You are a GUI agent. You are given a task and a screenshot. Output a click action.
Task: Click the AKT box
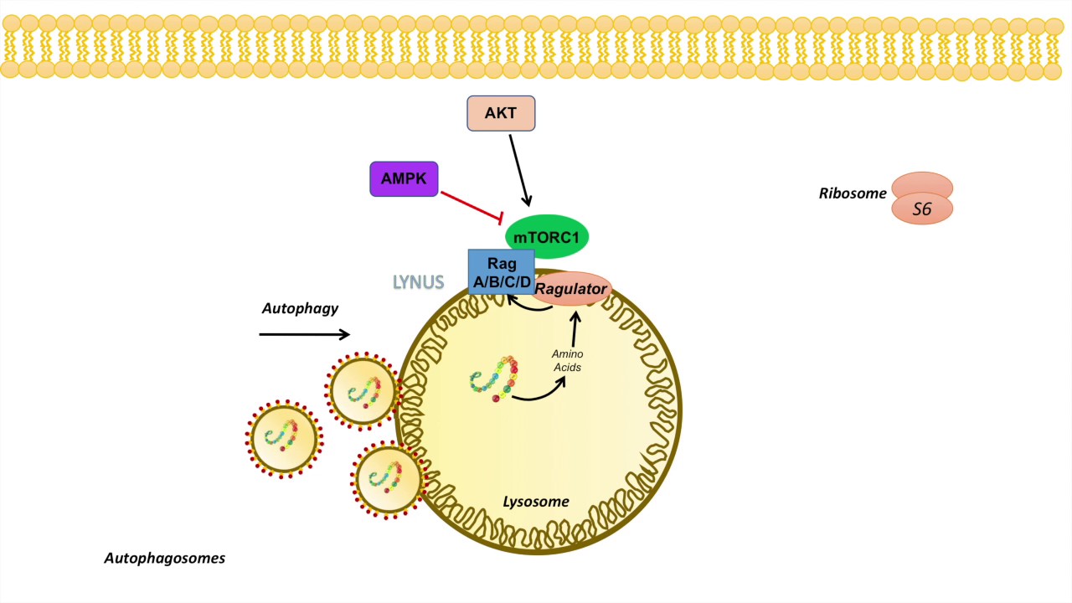click(500, 113)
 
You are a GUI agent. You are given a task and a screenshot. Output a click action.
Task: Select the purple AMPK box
click(404, 179)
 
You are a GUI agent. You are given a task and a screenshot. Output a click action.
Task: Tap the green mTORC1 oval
click(546, 237)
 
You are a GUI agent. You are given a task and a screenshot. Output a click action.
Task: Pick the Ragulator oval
click(571, 290)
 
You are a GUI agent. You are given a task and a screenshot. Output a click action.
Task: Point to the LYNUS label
click(419, 282)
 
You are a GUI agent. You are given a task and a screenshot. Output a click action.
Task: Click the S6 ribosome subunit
click(921, 209)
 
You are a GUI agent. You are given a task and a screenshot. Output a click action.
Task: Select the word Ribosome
click(853, 193)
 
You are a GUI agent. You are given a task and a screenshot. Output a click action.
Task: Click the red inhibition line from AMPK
click(470, 206)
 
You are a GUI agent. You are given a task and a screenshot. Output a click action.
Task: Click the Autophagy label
click(300, 308)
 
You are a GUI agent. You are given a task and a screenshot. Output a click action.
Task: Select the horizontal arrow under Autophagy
click(304, 335)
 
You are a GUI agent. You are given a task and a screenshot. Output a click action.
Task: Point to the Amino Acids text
click(567, 360)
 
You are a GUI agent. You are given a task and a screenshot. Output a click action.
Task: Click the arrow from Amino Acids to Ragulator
click(575, 328)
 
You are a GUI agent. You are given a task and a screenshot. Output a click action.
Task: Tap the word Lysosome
click(535, 502)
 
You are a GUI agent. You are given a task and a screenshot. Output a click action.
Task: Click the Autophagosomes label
click(164, 558)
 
